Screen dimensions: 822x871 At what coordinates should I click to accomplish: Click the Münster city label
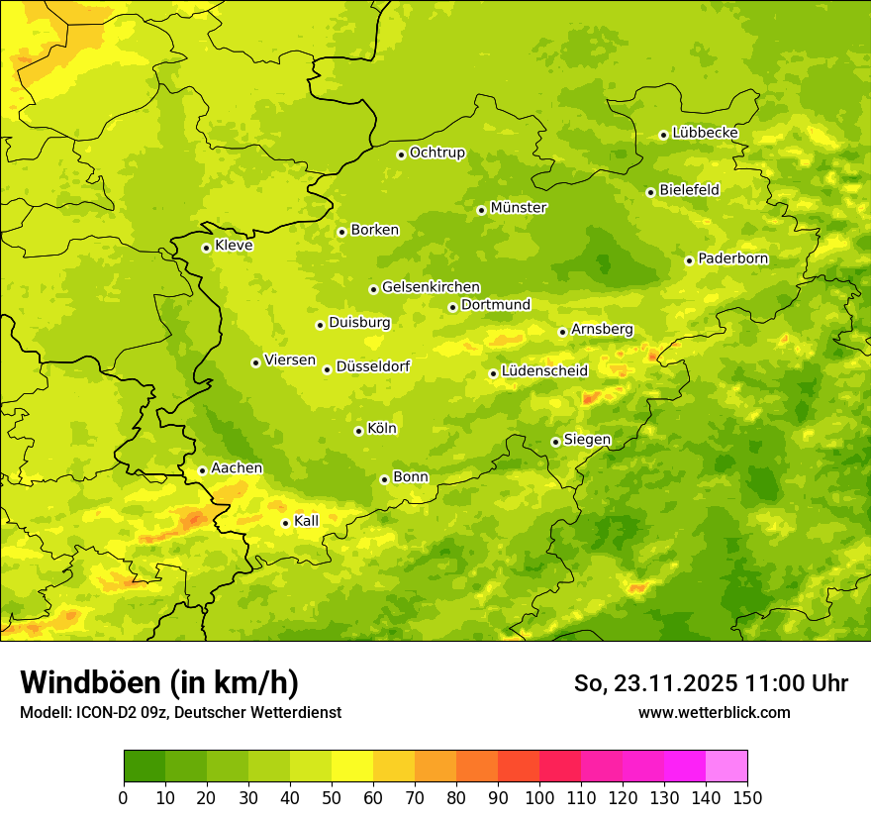[x=519, y=208]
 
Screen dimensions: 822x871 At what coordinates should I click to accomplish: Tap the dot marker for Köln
[x=358, y=431]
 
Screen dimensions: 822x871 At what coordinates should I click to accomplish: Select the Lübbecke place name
[x=705, y=133]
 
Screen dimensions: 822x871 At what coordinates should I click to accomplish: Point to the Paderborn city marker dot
[x=689, y=260]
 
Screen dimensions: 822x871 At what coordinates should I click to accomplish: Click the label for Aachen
[x=237, y=468]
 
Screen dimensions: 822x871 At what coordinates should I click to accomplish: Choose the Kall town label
[x=307, y=521]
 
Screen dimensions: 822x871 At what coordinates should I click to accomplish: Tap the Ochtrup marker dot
[x=401, y=154]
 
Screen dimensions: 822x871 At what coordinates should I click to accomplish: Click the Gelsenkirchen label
[x=431, y=287]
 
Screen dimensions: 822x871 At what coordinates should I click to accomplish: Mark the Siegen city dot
[x=555, y=442]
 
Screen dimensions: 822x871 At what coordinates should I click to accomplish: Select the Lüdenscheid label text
[x=544, y=371]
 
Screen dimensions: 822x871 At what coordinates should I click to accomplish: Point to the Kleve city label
[x=234, y=246]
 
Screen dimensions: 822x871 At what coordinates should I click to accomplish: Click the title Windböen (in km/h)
[x=159, y=683]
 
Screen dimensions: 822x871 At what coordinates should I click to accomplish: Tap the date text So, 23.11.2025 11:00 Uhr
[x=711, y=683]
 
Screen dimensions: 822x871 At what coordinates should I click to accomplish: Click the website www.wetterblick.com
[x=714, y=712]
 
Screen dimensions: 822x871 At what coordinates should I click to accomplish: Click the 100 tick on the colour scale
[x=539, y=797]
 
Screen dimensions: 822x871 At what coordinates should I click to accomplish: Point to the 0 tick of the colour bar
[x=124, y=797]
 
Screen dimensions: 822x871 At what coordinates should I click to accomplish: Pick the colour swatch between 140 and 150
[x=726, y=767]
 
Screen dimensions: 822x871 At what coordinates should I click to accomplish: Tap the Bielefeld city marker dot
[x=650, y=192]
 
